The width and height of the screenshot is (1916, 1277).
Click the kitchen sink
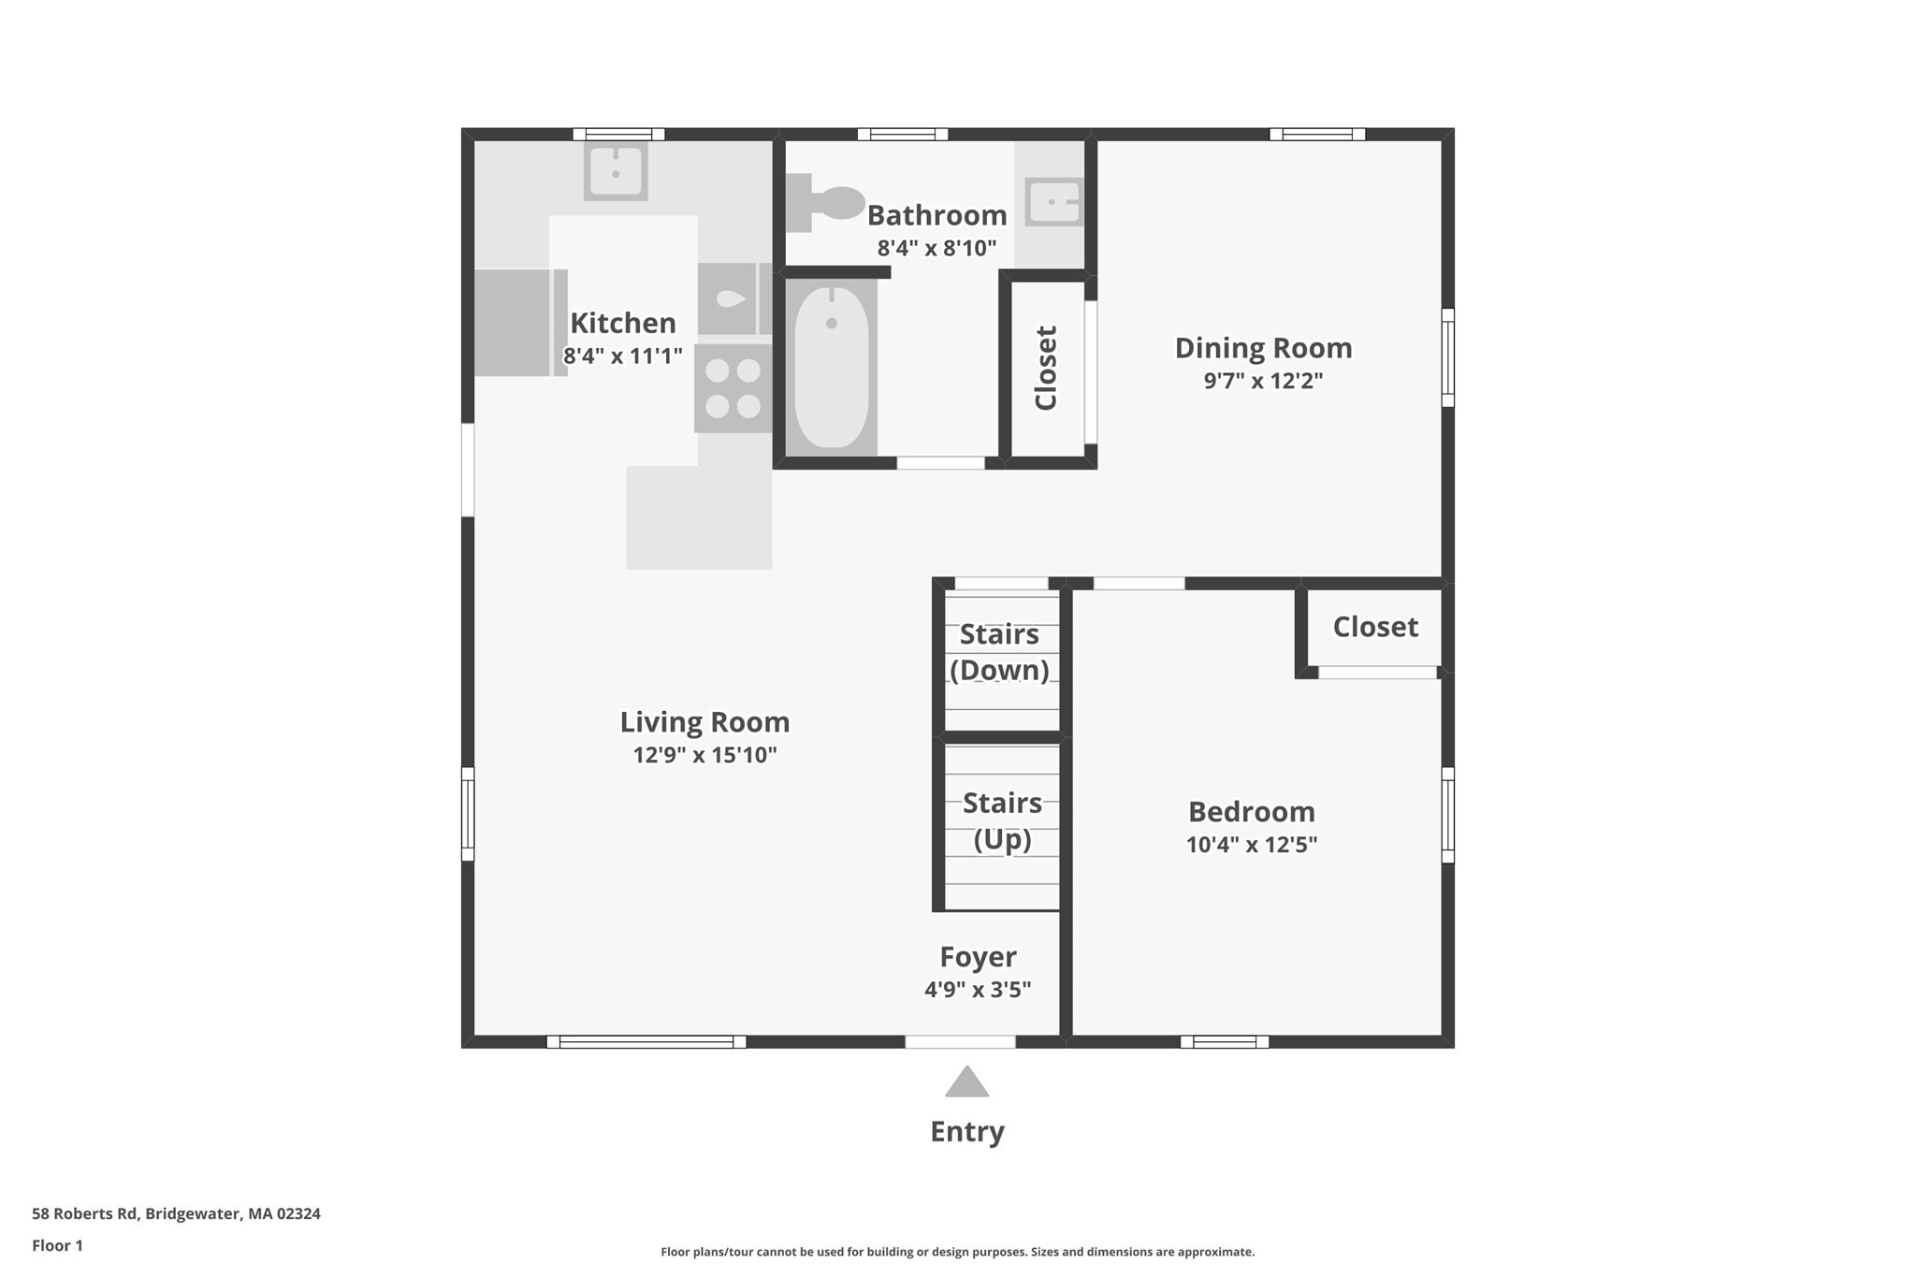click(x=616, y=171)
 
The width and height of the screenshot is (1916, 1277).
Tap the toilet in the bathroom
click(x=825, y=202)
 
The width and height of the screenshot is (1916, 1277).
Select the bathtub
click(x=832, y=367)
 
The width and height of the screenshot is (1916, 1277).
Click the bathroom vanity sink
click(x=1054, y=202)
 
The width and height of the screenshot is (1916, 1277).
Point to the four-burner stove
click(x=733, y=388)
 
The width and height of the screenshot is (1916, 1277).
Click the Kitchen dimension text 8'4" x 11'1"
click(x=622, y=356)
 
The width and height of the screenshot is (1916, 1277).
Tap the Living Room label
click(x=704, y=722)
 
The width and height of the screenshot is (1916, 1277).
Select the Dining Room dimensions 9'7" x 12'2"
click(x=1263, y=381)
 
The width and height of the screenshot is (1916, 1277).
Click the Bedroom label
click(x=1251, y=811)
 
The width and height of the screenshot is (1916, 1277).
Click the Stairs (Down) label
click(x=999, y=652)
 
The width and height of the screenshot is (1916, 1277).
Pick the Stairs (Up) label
click(x=1002, y=820)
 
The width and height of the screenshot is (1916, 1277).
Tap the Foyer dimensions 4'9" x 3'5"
click(x=978, y=990)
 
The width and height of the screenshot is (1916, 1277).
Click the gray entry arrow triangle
click(x=966, y=1083)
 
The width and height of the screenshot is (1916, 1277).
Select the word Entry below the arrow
click(x=966, y=1132)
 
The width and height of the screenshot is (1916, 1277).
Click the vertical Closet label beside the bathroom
click(x=1045, y=368)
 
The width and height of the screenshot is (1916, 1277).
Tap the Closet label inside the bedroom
click(x=1374, y=627)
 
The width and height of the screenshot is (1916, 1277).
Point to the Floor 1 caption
click(x=57, y=1246)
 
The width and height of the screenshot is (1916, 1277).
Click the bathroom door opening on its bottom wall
click(x=940, y=463)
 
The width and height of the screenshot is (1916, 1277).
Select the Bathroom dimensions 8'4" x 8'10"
click(x=936, y=249)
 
